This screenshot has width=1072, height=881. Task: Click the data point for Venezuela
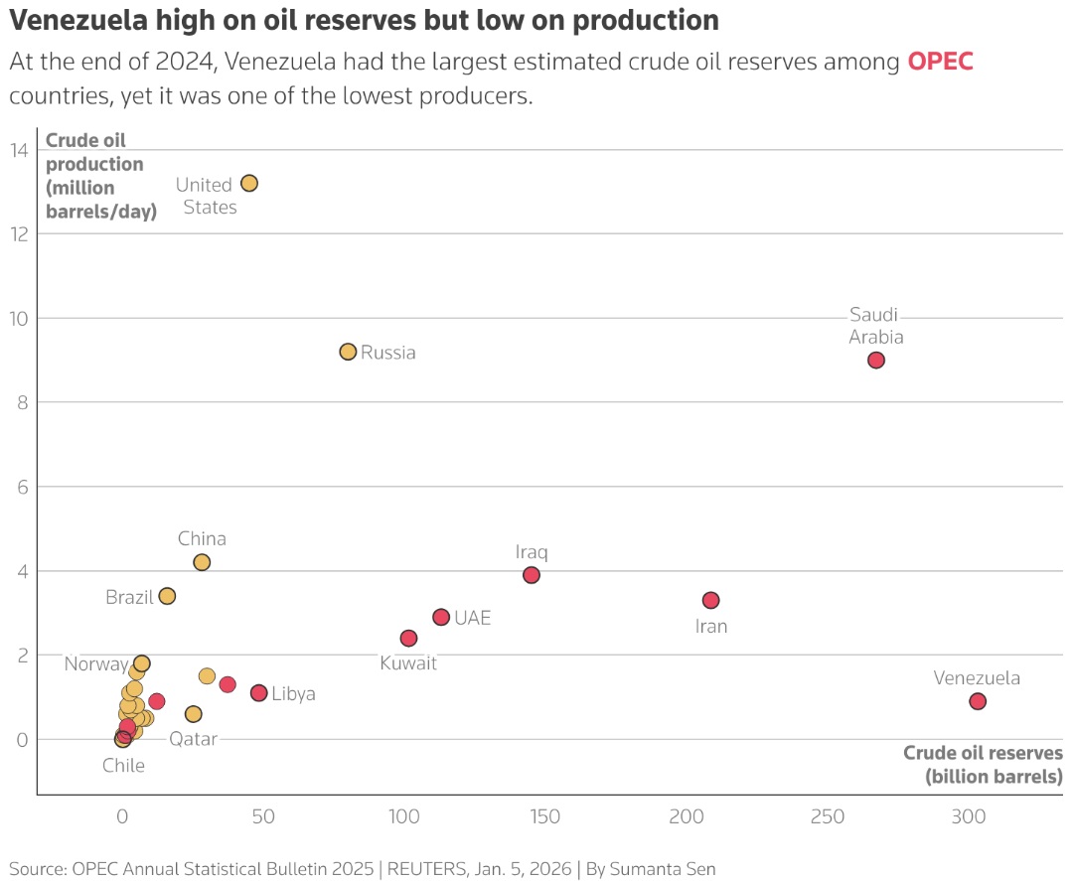pos(978,701)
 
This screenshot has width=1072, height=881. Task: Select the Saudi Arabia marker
pos(876,361)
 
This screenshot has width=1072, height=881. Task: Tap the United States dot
pos(248,183)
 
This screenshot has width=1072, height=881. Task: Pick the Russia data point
pos(348,352)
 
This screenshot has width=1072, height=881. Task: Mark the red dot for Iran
pos(711,600)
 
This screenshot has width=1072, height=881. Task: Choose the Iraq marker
pos(532,575)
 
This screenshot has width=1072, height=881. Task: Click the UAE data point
pos(441,617)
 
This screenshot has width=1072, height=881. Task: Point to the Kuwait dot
pos(409,639)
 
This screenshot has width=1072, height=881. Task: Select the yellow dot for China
pos(202,562)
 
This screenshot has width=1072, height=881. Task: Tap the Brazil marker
pos(167,596)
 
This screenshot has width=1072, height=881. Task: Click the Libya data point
pos(258,693)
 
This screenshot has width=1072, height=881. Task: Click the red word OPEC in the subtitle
pos(940,62)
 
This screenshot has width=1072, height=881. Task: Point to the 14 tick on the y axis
pos(19,150)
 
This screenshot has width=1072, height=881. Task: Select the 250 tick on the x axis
pos(828,816)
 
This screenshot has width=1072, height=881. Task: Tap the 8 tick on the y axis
pos(23,402)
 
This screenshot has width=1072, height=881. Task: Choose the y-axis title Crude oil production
pos(101,176)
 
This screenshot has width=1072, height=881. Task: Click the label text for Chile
pos(124,766)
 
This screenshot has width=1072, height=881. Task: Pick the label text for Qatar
pos(194,739)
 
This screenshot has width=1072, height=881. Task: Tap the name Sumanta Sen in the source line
pos(663,869)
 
